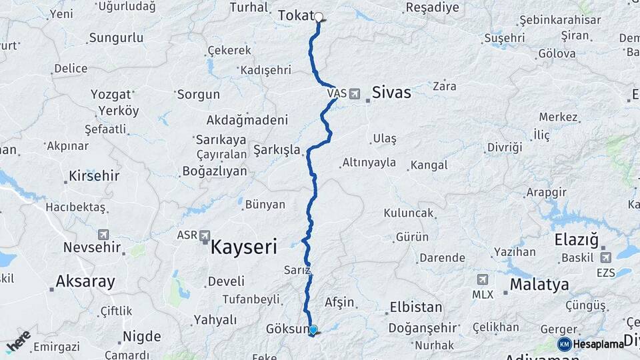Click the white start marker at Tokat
(319, 17)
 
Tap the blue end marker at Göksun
(313, 329)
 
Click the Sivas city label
(391, 93)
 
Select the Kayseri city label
(243, 247)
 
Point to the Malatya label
(539, 285)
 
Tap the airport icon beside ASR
(204, 236)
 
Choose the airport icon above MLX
(482, 279)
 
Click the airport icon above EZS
(605, 257)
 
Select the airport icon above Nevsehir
(103, 234)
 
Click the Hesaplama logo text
(598, 344)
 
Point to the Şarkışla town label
(277, 149)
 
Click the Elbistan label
(414, 307)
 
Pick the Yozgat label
(111, 94)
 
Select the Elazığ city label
(577, 239)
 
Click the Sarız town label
(297, 270)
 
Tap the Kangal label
(429, 165)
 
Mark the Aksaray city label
(85, 281)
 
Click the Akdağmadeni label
(247, 120)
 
